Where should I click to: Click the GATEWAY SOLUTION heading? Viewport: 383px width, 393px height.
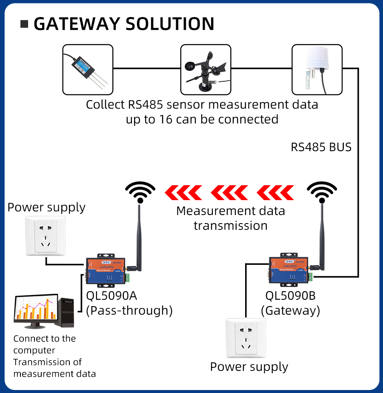(x=123, y=24)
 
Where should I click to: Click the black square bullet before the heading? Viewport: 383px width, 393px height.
(x=25, y=24)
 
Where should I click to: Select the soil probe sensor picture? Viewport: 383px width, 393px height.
(x=88, y=69)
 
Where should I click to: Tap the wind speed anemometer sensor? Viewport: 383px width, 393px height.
(x=206, y=69)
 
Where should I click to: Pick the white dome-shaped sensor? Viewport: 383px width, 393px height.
(x=317, y=69)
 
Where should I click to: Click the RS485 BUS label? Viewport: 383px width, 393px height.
(x=321, y=147)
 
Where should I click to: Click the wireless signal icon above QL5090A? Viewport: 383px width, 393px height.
(x=140, y=192)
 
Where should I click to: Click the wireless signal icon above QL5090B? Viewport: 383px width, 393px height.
(x=322, y=192)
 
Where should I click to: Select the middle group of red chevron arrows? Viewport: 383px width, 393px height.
(x=230, y=192)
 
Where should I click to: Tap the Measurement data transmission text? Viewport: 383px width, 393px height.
(x=230, y=218)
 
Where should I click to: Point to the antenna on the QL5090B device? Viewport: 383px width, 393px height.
(x=322, y=238)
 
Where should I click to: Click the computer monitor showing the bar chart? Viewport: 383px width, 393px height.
(x=36, y=308)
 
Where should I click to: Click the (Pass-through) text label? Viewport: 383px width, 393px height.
(x=129, y=310)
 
